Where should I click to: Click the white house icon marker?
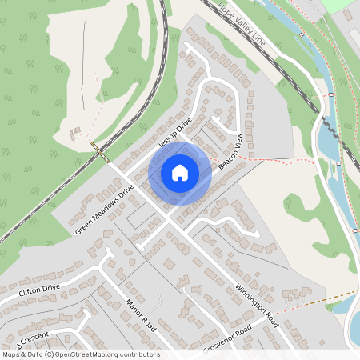click(180, 172)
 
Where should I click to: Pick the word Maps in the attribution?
click(11, 354)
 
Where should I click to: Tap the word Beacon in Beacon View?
click(225, 157)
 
